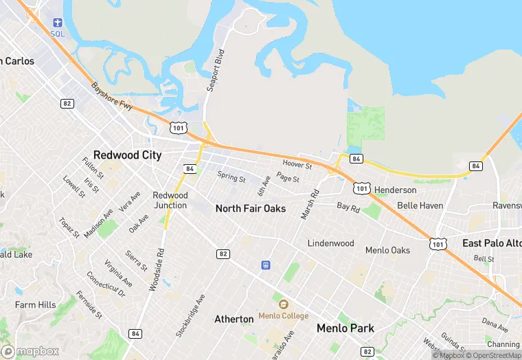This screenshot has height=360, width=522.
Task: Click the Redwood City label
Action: coord(127,155)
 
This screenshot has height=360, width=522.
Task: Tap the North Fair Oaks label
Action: coord(250,208)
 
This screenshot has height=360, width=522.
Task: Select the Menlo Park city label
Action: coord(345,328)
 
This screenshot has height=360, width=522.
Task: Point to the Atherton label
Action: coord(234,319)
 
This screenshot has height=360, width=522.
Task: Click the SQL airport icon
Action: coord(57,23)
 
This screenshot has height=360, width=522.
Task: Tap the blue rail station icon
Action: coord(265,265)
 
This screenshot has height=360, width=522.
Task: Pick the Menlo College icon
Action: coord(283,304)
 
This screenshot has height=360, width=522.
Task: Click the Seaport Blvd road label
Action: coord(215,71)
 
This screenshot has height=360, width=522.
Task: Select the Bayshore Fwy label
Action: coord(111,97)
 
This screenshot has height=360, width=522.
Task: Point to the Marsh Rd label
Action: coord(310,205)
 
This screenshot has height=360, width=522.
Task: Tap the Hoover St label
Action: coord(297,165)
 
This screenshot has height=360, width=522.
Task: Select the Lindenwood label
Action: coord(330,243)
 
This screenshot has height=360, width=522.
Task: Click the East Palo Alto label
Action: coord(492,243)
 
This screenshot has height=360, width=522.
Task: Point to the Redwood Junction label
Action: coord(170,200)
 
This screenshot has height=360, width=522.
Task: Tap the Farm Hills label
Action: coord(36,305)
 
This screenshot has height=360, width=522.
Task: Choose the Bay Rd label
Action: coord(348,207)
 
